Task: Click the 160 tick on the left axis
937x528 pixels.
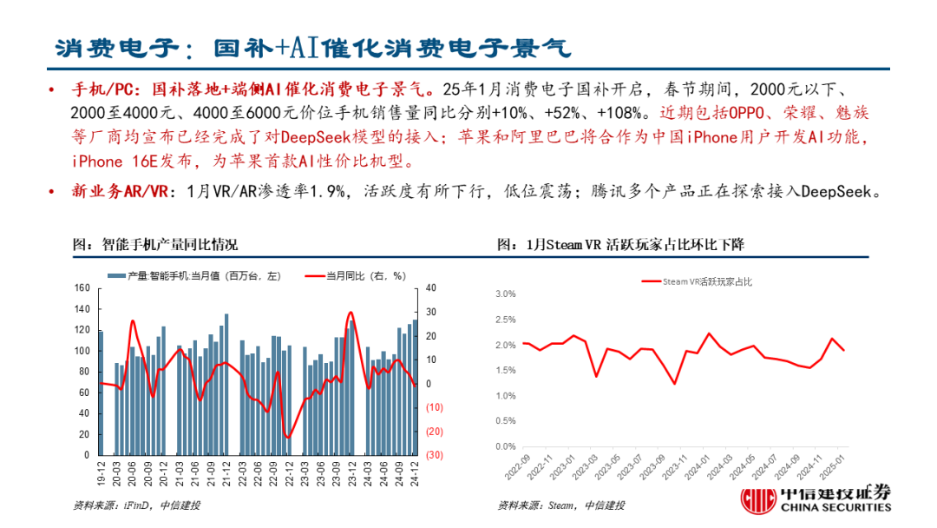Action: (x=83, y=288)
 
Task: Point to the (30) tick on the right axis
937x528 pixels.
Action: (x=435, y=455)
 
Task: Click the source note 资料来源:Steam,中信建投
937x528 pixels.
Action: (x=560, y=505)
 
